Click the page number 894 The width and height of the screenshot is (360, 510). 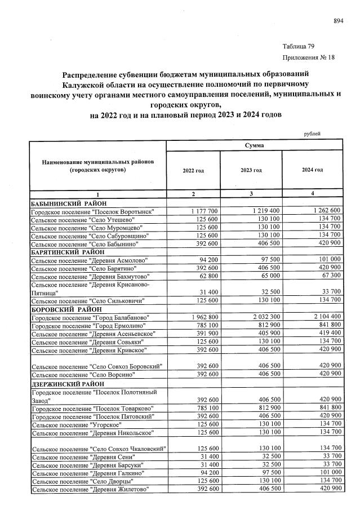339,21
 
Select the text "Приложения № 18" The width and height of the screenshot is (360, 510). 307,58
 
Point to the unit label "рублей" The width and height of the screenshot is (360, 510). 312,134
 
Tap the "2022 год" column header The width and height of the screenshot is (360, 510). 193,170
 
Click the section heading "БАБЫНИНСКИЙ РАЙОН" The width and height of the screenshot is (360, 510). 69,203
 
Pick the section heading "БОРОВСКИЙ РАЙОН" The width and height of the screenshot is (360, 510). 66,309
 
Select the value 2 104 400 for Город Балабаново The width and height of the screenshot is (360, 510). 323,318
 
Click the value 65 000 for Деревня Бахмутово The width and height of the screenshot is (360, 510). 265,277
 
